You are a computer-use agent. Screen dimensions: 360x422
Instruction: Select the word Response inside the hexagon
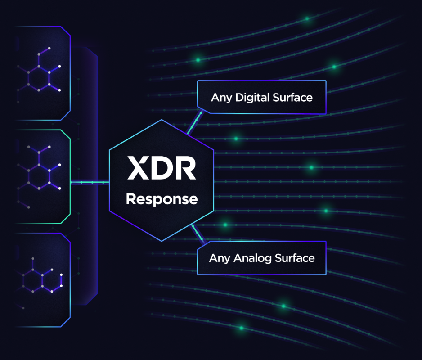(x=162, y=199)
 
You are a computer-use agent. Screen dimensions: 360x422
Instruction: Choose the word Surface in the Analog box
(x=295, y=258)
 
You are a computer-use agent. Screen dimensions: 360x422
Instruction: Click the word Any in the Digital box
(x=220, y=97)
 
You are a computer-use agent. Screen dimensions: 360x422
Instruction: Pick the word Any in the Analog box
(x=218, y=258)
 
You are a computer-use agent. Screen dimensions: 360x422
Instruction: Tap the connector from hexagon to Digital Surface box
(x=194, y=121)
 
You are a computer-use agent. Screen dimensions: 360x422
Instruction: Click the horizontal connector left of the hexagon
(x=90, y=182)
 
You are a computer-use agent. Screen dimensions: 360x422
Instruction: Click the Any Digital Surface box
(x=261, y=97)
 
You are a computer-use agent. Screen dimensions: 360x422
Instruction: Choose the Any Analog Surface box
(x=261, y=258)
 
